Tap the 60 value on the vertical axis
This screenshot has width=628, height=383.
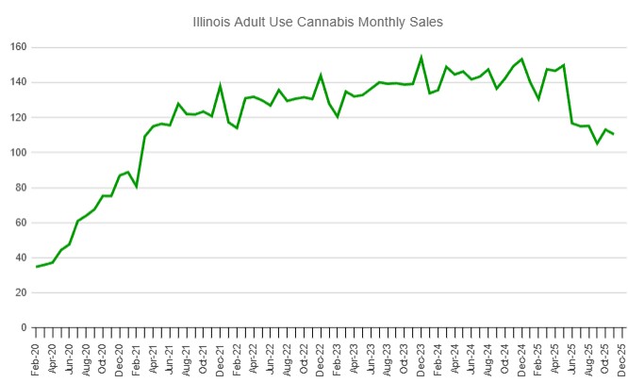point(20,223)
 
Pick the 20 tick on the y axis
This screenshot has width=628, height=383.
point(20,292)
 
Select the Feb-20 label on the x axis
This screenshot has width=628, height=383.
point(36,358)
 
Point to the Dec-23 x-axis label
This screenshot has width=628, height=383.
point(421,358)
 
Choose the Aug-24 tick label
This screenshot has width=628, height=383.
point(488,358)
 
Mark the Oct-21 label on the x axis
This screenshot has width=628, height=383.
point(203,358)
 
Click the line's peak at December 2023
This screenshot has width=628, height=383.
point(421,58)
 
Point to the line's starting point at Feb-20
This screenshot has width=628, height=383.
point(36,267)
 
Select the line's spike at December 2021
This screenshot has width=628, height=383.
point(220,86)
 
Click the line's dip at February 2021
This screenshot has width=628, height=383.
point(136,187)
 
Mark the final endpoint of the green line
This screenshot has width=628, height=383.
point(614,134)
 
